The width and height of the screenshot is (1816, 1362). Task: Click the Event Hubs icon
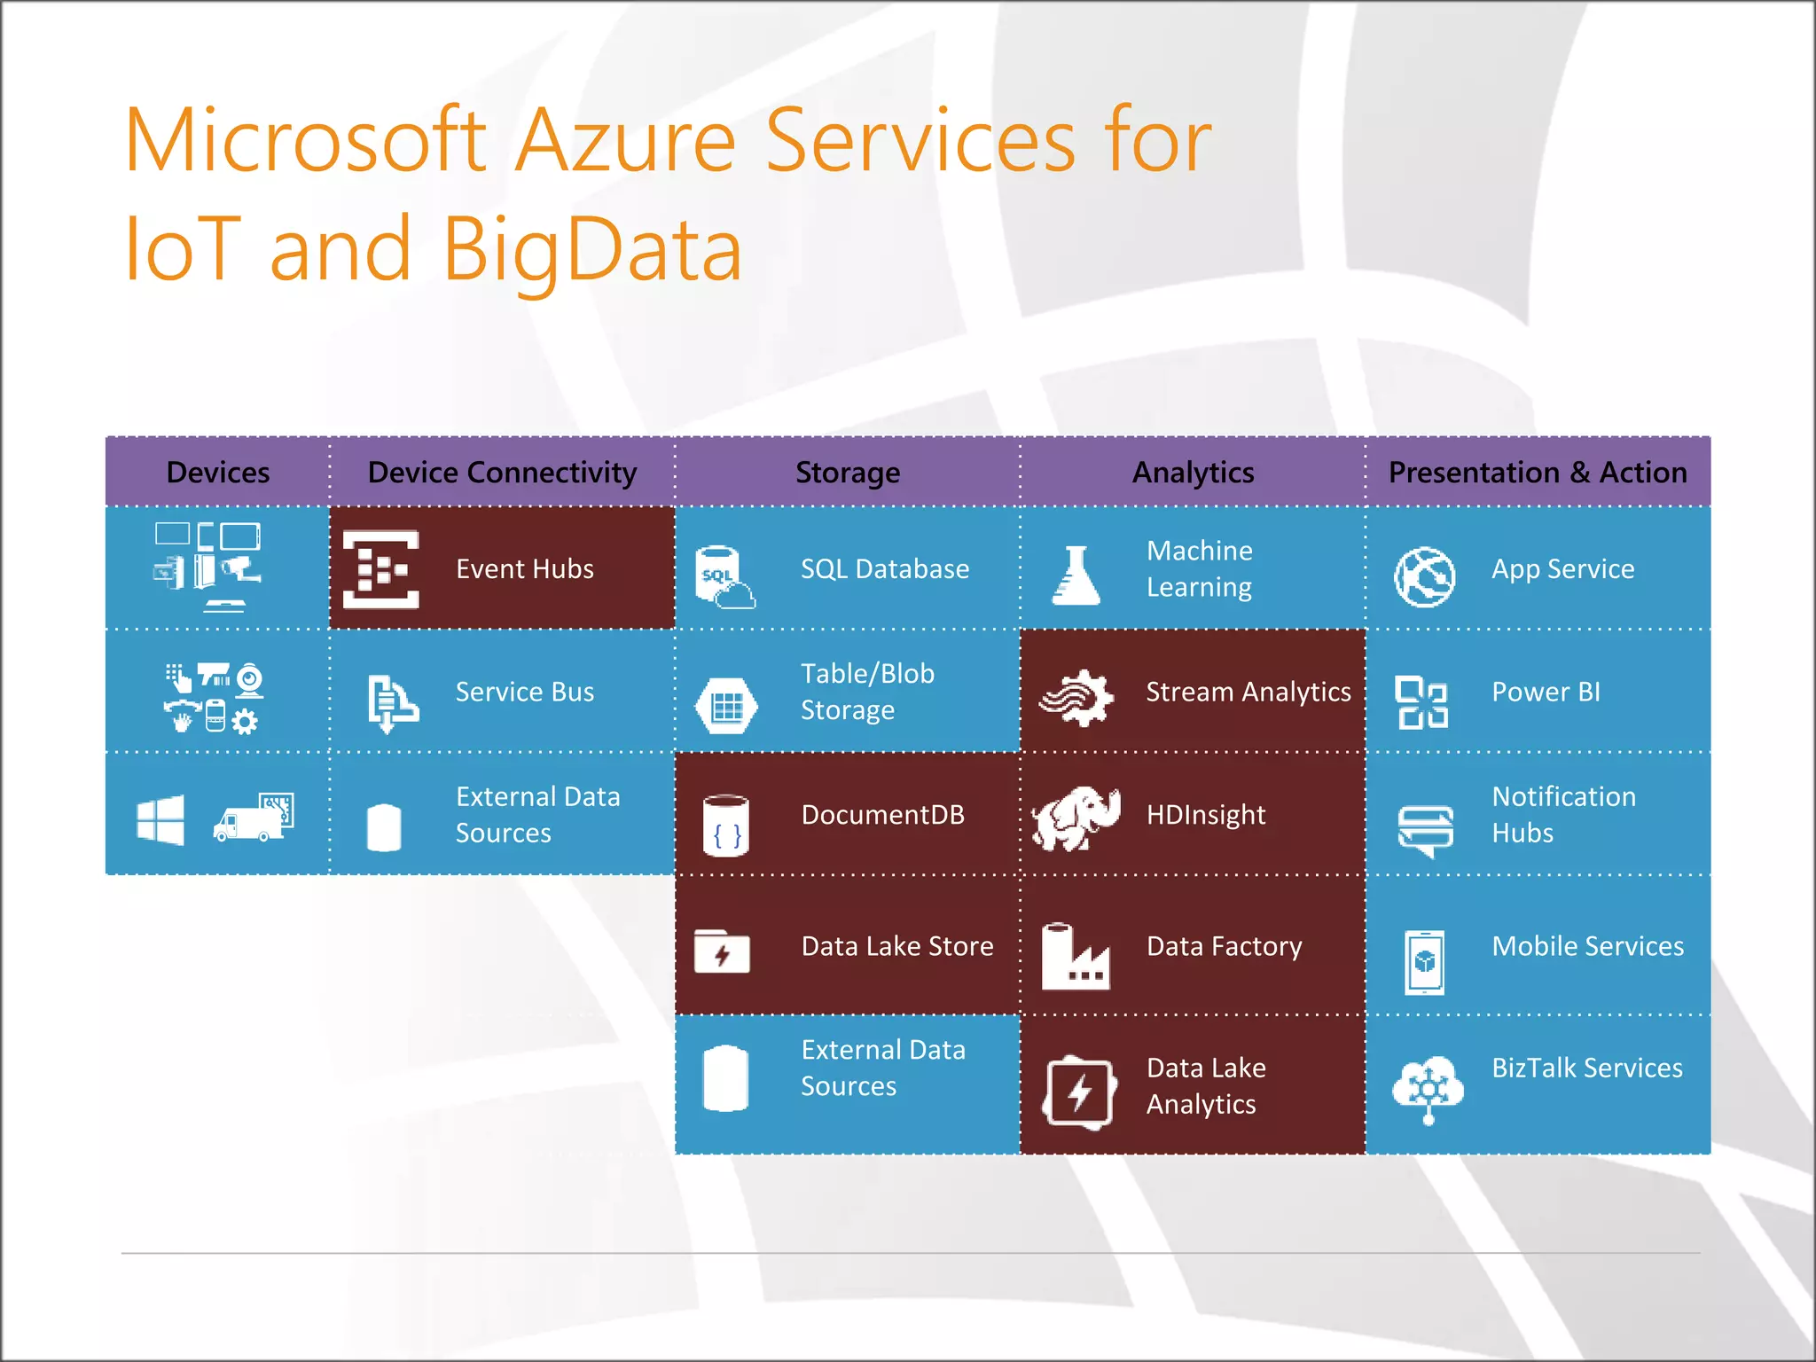[380, 569]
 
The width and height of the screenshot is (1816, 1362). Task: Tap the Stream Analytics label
[1248, 692]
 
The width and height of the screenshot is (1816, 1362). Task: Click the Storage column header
[847, 473]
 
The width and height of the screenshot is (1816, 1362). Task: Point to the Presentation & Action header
[1537, 473]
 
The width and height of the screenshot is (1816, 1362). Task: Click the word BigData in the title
[591, 250]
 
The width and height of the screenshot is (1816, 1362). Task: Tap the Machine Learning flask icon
[1076, 575]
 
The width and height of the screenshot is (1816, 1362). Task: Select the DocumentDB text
[882, 815]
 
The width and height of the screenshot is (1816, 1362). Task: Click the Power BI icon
[1421, 702]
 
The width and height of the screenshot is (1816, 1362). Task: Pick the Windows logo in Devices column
[160, 819]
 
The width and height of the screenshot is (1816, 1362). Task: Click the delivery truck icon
[253, 818]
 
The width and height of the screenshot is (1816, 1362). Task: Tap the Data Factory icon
[1075, 957]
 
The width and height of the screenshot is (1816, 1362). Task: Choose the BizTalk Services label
[1586, 1068]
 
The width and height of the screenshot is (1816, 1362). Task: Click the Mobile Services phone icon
[1424, 962]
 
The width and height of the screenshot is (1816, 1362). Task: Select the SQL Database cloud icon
[725, 577]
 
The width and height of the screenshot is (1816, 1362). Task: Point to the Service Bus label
[524, 693]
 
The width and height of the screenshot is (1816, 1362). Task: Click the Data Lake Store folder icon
[722, 951]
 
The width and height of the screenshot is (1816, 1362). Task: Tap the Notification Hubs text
[1563, 815]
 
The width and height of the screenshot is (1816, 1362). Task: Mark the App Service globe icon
[1424, 577]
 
